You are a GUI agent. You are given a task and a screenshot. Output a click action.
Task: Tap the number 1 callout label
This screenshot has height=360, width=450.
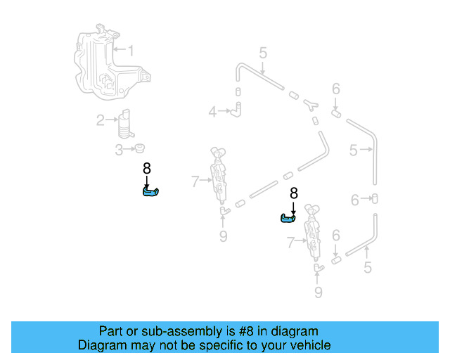click(129, 50)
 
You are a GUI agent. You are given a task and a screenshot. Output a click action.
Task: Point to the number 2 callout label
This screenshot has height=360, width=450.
click(101, 120)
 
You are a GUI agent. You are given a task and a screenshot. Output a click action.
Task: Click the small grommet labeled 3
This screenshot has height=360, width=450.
click(139, 149)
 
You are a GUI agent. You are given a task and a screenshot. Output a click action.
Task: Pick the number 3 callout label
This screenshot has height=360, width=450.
click(119, 149)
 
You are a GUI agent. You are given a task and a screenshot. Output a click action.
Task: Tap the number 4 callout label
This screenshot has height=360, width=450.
click(212, 111)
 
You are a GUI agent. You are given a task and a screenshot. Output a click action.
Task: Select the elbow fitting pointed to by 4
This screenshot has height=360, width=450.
click(238, 108)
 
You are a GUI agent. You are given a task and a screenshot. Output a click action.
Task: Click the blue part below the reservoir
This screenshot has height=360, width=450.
click(150, 192)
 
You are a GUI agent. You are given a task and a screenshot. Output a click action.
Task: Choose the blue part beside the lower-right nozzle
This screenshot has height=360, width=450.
click(288, 219)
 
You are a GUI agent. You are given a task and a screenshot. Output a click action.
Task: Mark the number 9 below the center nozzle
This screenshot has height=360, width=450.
click(223, 236)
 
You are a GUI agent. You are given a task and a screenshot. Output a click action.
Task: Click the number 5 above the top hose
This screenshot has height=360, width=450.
click(262, 53)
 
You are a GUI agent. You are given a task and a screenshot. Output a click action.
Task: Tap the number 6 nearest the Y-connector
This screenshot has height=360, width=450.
click(336, 89)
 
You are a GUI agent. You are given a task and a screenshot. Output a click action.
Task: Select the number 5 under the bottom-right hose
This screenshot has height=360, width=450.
click(367, 267)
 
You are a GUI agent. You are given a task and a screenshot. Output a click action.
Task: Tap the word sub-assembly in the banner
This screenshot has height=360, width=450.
click(172, 331)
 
